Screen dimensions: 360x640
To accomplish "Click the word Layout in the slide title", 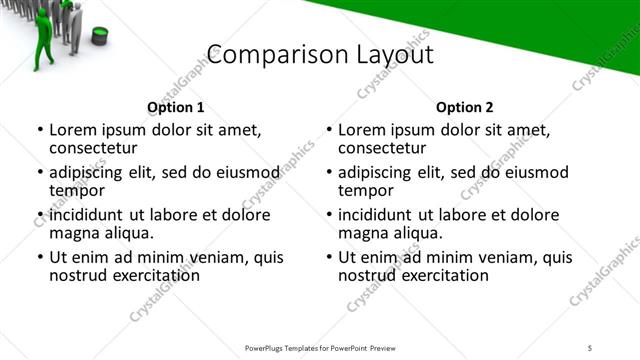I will [x=393, y=55].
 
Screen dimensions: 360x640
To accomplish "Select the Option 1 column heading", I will [x=175, y=107].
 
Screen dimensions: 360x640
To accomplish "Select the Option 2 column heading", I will [x=465, y=107].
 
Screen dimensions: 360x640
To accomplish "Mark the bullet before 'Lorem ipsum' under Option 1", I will [x=40, y=130].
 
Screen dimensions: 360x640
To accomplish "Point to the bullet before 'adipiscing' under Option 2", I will [x=330, y=172].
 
